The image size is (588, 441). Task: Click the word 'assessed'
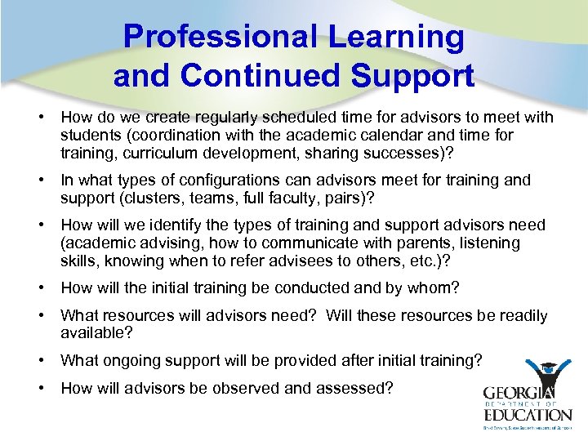click(361, 388)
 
